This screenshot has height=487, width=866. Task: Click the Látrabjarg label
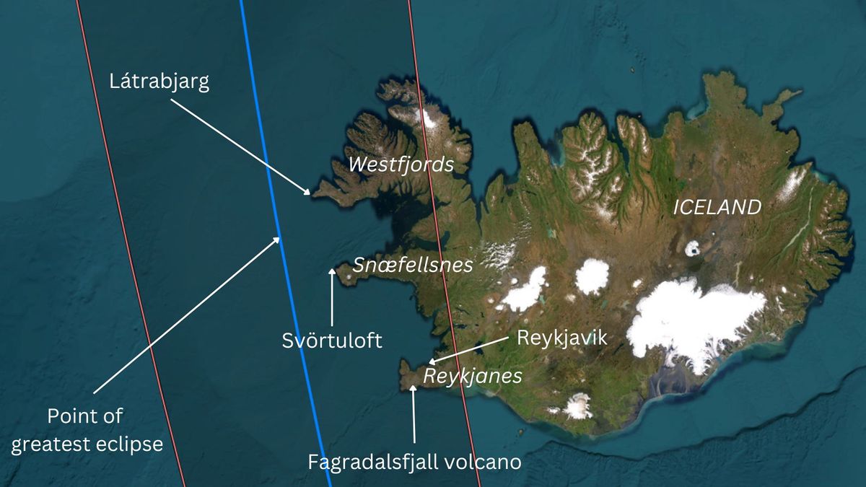click(159, 82)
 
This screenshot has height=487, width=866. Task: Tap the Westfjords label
click(401, 164)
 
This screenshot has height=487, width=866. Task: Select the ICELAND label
click(717, 208)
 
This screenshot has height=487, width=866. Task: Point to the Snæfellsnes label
click(413, 265)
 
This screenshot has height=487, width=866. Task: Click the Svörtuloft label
click(332, 341)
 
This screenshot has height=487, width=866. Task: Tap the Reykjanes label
click(472, 376)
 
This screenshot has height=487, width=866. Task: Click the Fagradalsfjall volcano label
click(414, 462)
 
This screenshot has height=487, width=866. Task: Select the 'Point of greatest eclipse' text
click(87, 430)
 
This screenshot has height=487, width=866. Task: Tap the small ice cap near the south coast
click(577, 405)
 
